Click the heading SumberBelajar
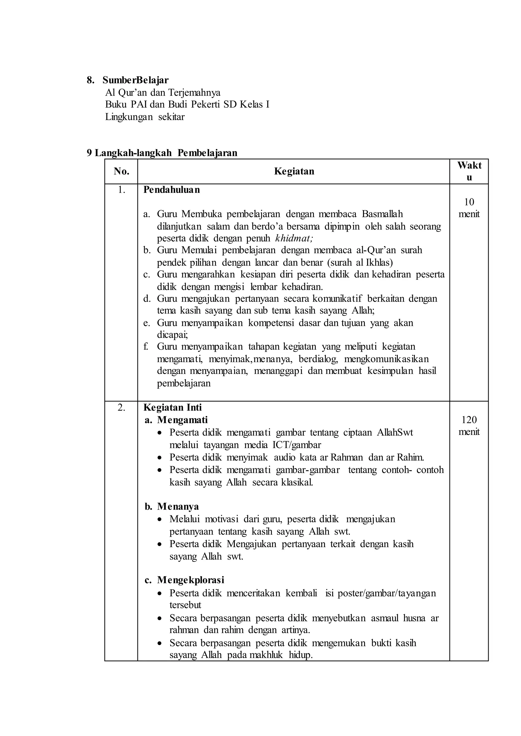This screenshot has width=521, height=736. (135, 80)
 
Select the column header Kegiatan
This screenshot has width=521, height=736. (294, 172)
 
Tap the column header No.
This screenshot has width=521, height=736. (121, 172)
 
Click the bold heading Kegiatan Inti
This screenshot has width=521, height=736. (172, 408)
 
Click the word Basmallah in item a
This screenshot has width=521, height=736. (382, 214)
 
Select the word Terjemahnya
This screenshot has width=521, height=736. (194, 93)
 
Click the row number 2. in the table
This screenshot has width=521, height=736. (121, 408)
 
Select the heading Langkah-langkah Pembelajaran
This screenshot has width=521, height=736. (166, 153)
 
